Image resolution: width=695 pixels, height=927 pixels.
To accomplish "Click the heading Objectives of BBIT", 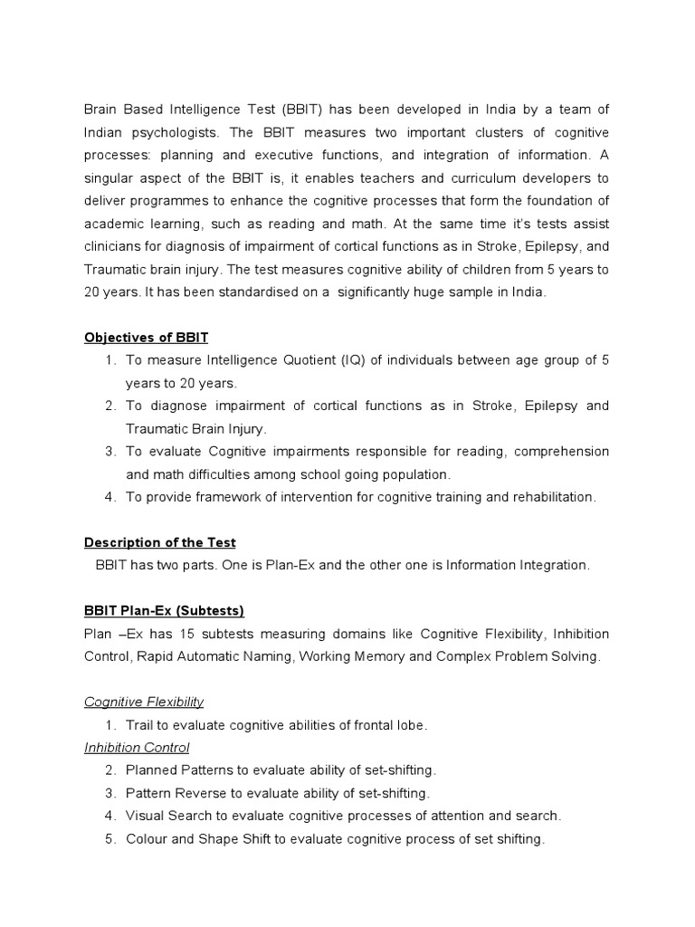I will pyautogui.click(x=146, y=338).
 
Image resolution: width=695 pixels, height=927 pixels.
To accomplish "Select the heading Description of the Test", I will pyautogui.click(x=159, y=542).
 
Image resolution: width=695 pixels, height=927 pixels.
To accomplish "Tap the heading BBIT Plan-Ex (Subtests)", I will pyautogui.click(x=164, y=610).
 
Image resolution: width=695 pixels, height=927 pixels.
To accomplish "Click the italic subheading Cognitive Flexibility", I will pyautogui.click(x=144, y=702).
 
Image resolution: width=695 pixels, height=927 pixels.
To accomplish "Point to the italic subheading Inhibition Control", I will pyautogui.click(x=137, y=748).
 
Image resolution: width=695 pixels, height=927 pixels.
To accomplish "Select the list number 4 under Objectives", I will pyautogui.click(x=109, y=497).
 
